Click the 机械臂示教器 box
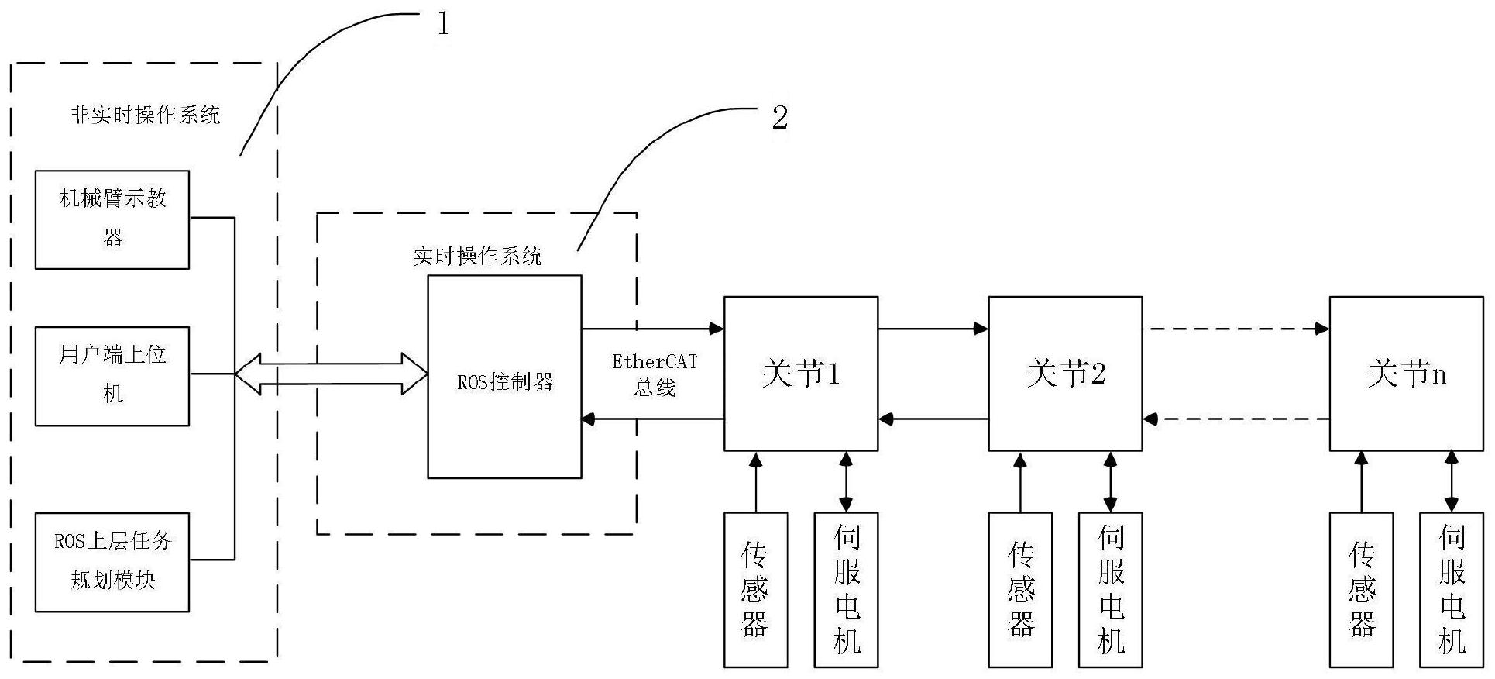coord(112,219)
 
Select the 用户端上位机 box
coord(112,376)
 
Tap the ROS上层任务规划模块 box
coord(112,562)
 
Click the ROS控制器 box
coord(504,377)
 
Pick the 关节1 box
coord(800,373)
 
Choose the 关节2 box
coord(1065,373)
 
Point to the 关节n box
coord(1407,373)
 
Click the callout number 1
coord(443,24)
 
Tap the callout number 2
coord(779,118)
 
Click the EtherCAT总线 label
coord(655,374)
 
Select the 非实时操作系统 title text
coord(146,115)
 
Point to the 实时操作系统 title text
coord(477,257)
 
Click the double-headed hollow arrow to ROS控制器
coord(332,374)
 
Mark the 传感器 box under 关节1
coord(755,589)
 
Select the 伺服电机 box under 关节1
coord(846,589)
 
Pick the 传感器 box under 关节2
coord(1020,589)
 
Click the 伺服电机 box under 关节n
coord(1452,589)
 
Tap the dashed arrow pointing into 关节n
coord(1236,329)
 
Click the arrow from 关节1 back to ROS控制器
coord(652,419)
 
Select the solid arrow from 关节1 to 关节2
coord(933,329)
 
